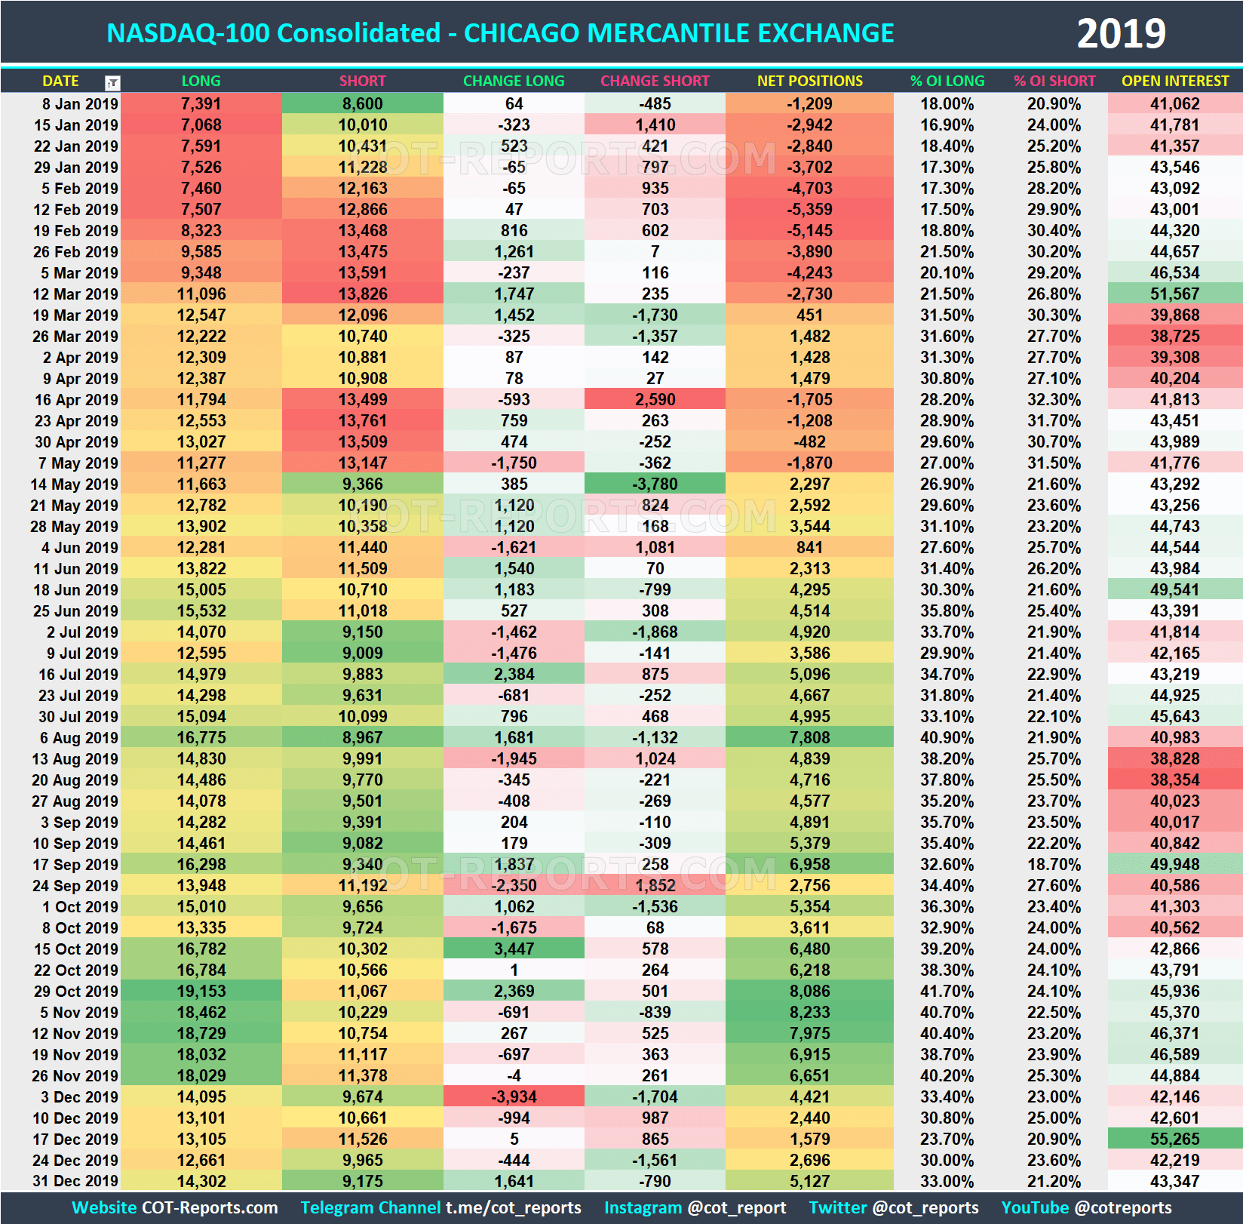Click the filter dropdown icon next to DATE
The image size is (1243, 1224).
[112, 82]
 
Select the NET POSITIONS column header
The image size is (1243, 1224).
[809, 81]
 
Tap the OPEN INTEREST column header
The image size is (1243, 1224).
[1174, 81]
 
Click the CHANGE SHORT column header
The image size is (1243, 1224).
[654, 81]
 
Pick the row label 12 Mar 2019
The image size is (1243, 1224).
[75, 294]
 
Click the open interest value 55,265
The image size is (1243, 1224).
[1174, 1139]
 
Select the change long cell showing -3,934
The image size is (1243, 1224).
[514, 1096]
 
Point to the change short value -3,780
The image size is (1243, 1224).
[654, 484]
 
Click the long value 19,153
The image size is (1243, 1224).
[201, 991]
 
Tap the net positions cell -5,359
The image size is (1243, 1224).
[809, 209]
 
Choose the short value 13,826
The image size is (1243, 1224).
[362, 294]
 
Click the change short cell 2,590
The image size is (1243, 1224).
[654, 399]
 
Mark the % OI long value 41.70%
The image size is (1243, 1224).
[947, 991]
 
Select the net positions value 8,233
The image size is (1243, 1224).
[809, 1012]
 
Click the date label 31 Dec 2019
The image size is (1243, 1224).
[75, 1181]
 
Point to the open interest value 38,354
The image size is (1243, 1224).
[1174, 780]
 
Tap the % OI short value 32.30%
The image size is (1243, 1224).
[1054, 399]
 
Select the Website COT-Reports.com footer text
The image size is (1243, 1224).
[175, 1207]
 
